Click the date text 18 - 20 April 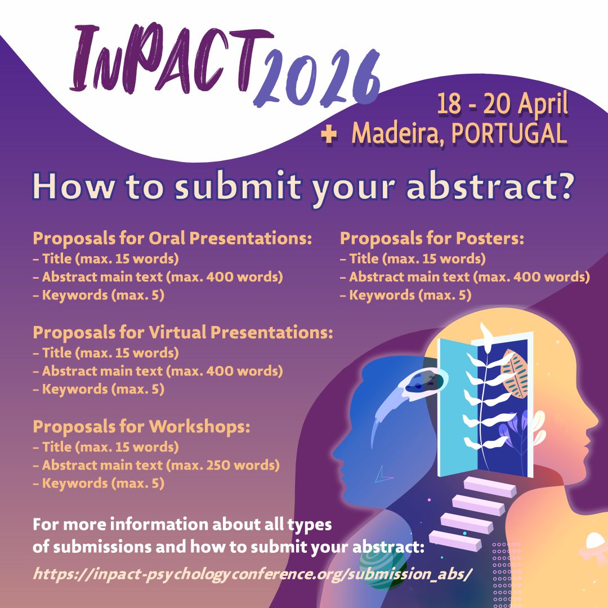pos(502,105)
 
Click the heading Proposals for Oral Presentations pos(172,238)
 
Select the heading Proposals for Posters pos(432,238)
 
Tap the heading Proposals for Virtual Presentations pos(183,332)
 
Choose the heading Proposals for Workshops pos(141,426)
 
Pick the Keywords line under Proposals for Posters pos(405,295)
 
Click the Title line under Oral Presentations pos(106,259)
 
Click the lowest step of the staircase pos(454,539)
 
